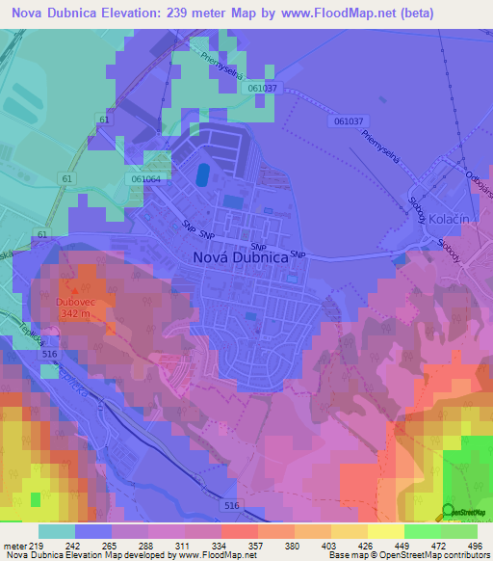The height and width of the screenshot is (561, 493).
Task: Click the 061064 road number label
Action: [x=145, y=179]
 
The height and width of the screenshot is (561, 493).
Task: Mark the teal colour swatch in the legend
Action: [x=56, y=531]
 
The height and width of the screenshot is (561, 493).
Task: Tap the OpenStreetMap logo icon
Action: [x=448, y=510]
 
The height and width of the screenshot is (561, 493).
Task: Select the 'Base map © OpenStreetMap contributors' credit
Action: [x=405, y=554]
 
